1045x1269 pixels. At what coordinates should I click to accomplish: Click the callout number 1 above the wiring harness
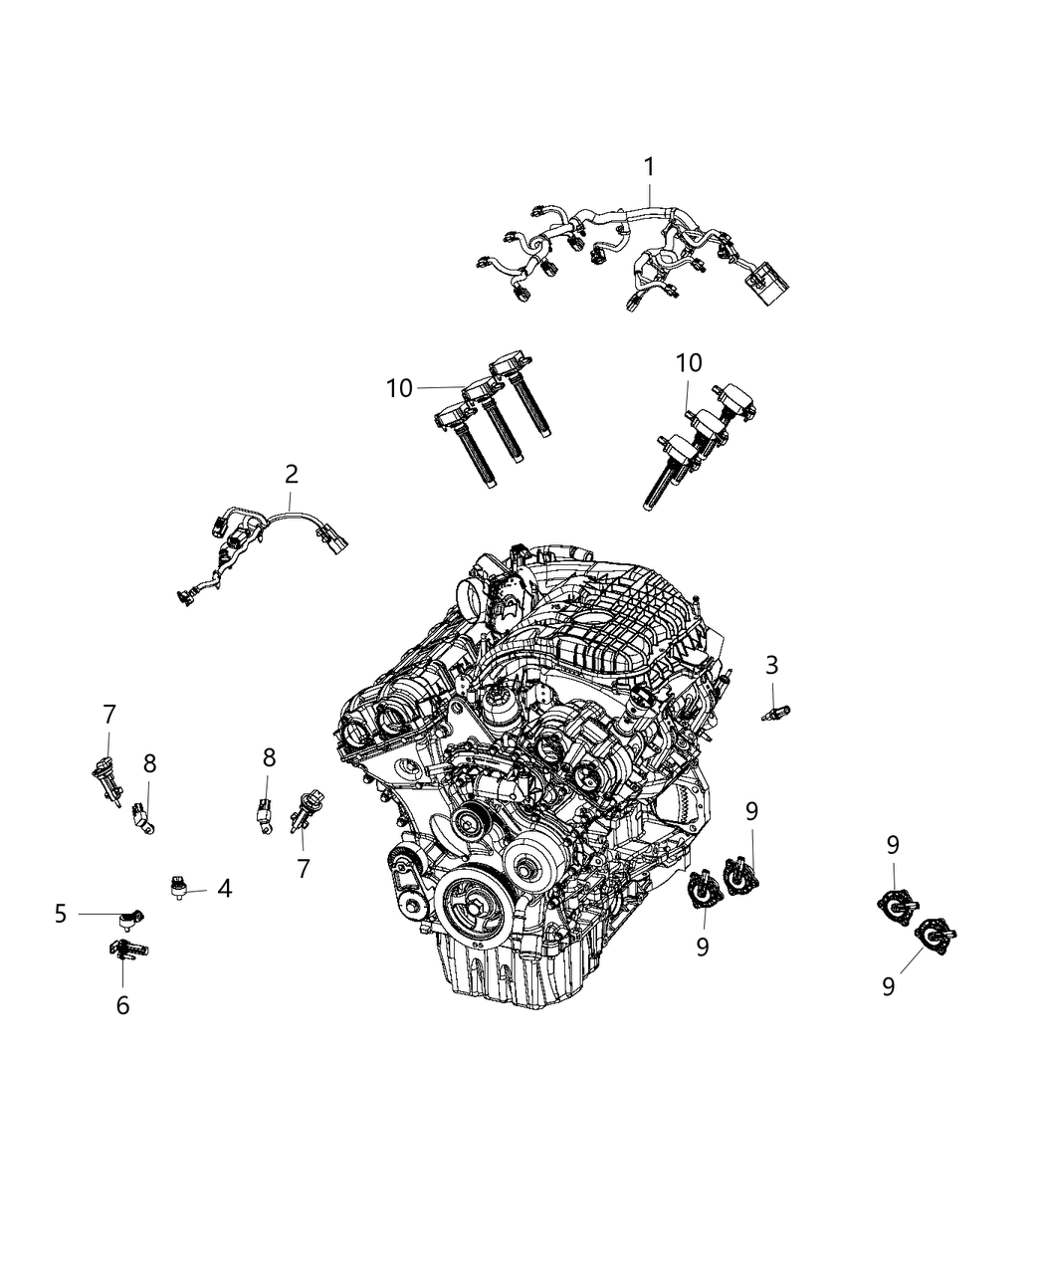649,166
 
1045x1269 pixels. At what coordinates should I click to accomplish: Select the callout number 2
292,474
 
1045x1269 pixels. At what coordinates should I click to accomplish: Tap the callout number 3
771,666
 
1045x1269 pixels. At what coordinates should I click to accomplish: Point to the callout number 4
225,889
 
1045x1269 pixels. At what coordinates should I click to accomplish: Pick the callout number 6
122,1006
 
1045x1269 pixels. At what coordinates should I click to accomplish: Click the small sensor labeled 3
776,712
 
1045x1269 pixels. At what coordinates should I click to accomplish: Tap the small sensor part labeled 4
179,888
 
